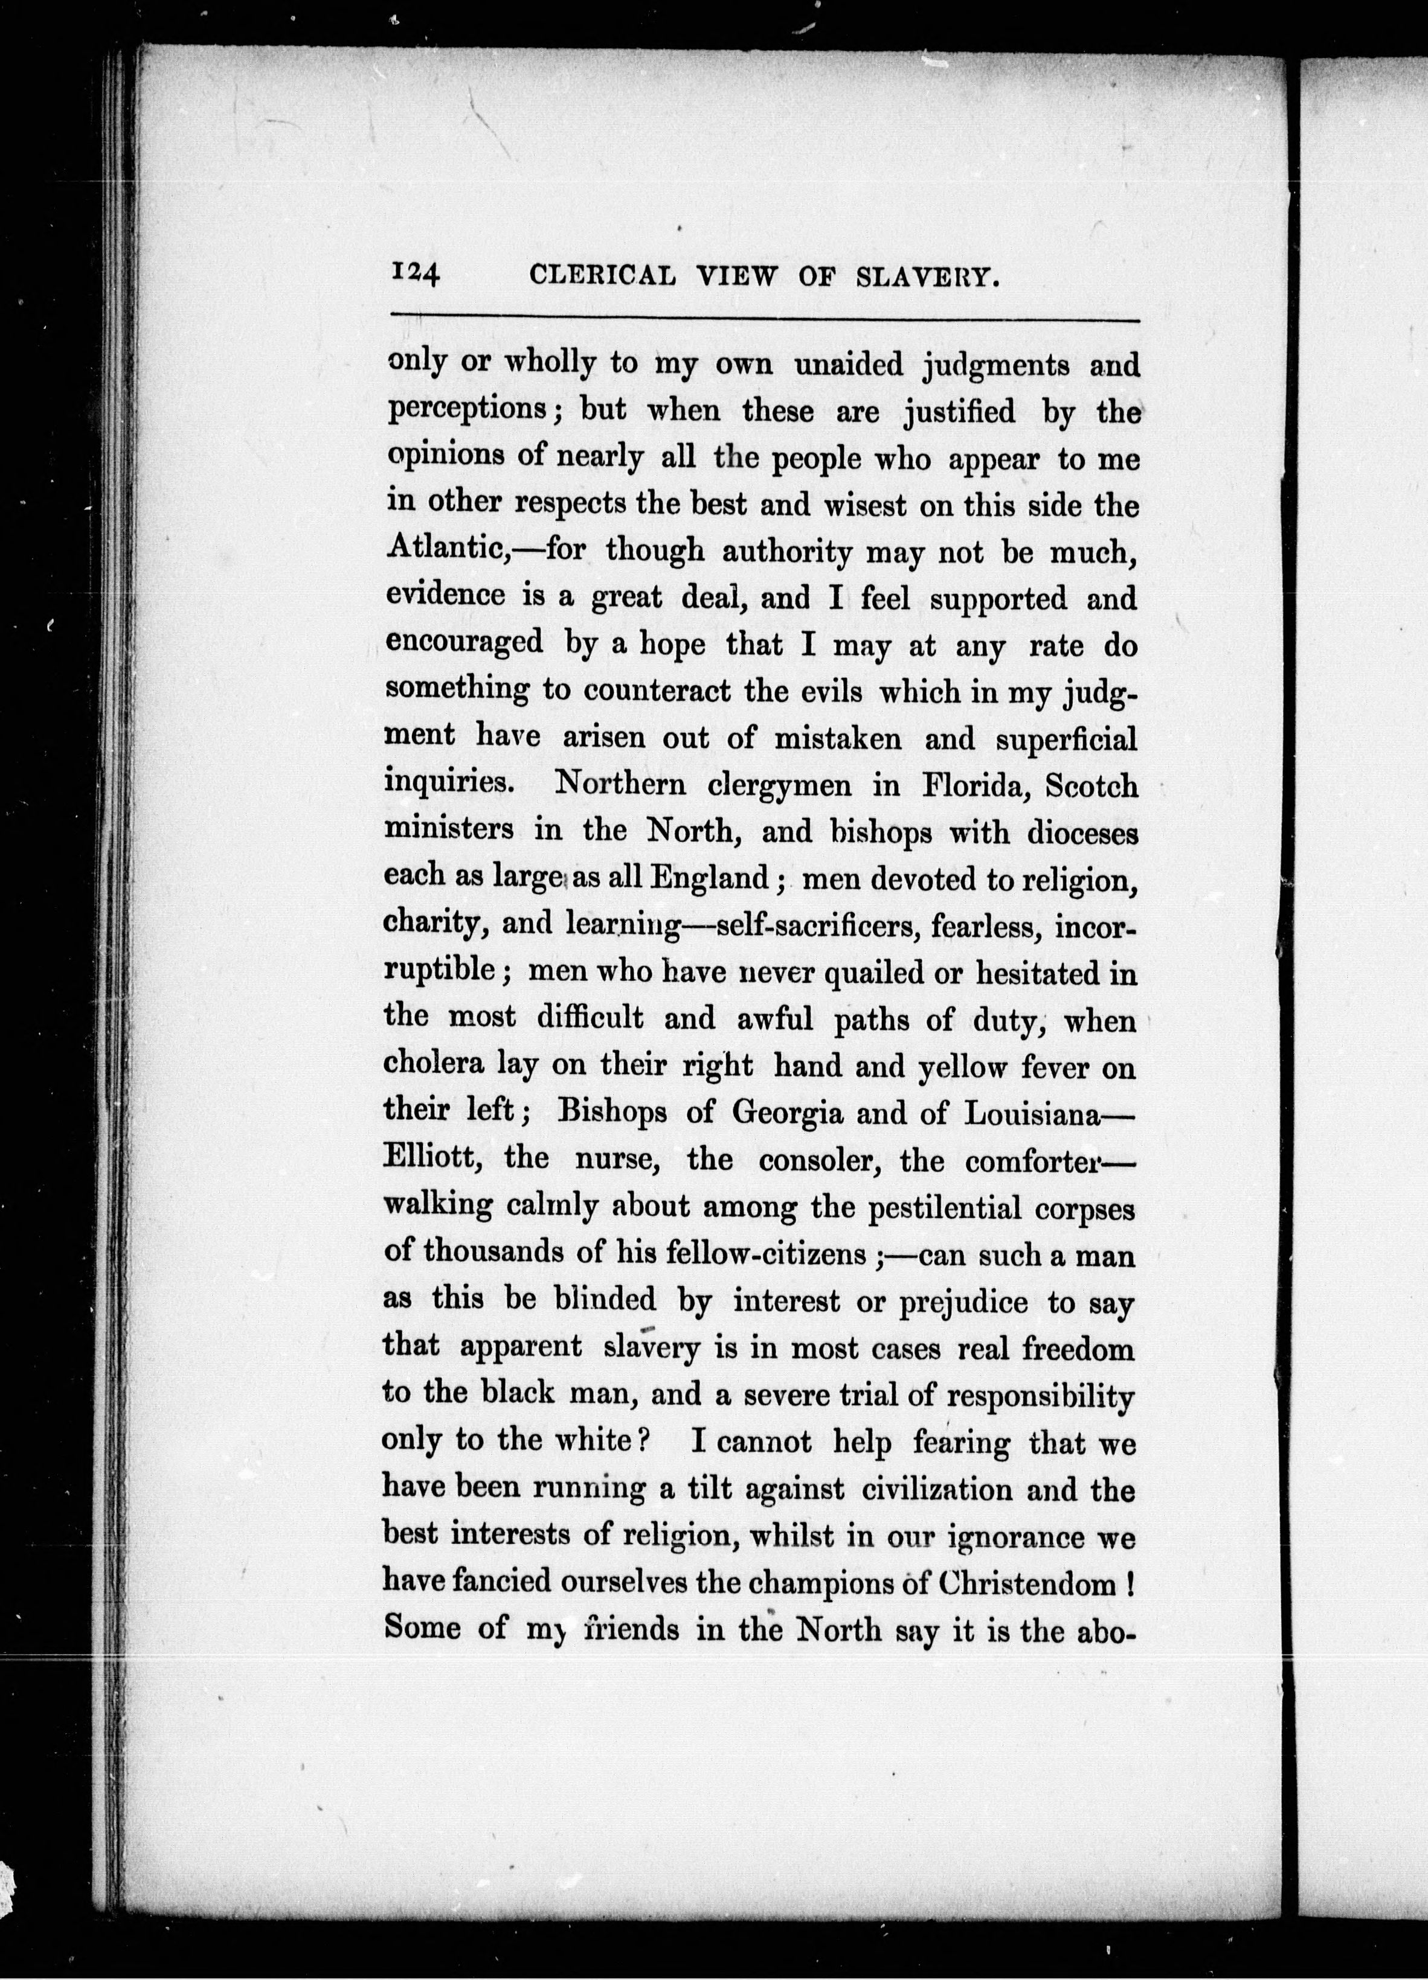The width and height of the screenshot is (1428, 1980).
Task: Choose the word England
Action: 709,878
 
